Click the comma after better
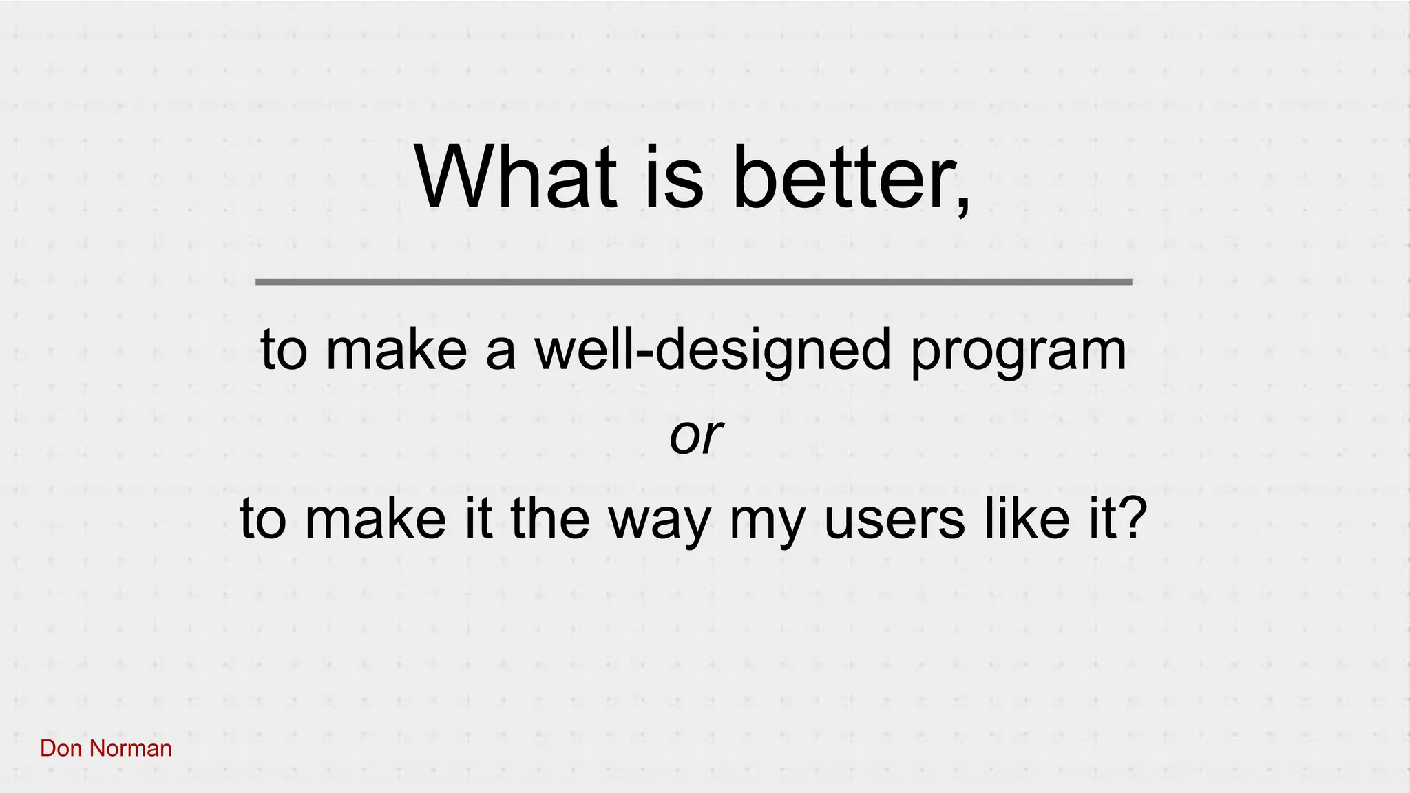pyautogui.click(x=963, y=207)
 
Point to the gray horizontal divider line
pyautogui.click(x=693, y=282)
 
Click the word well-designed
pyautogui.click(x=713, y=350)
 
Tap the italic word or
pyautogui.click(x=695, y=436)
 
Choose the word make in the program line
pyautogui.click(x=396, y=350)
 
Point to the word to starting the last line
pyautogui.click(x=262, y=520)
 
